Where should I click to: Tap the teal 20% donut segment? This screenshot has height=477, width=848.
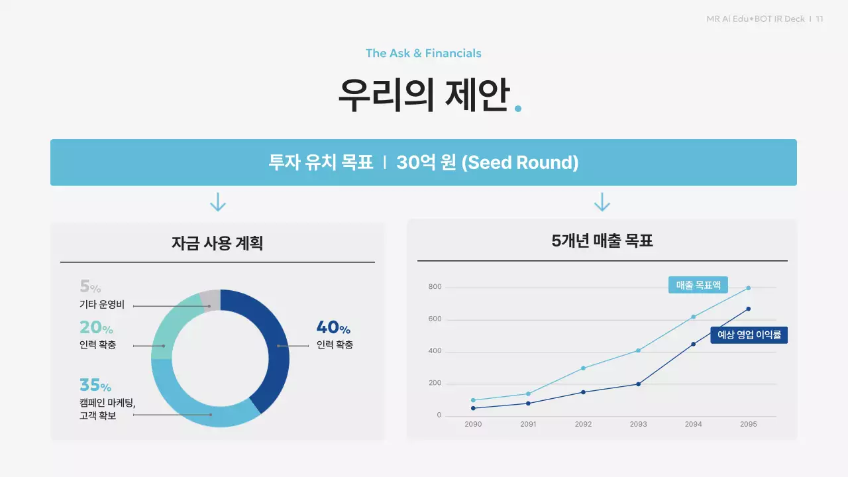[x=171, y=328]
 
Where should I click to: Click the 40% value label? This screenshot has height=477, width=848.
[x=333, y=327]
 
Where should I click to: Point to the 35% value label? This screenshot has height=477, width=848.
[x=95, y=385]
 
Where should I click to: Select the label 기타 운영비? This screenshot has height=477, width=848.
[x=101, y=305]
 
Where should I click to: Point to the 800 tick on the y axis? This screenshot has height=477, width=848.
[x=435, y=288]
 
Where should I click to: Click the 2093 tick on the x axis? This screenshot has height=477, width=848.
[x=638, y=424]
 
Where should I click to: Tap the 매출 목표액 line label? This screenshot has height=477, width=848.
[x=698, y=286]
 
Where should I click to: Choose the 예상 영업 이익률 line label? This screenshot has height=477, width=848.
[x=749, y=335]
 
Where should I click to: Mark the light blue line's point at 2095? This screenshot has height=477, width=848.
[x=749, y=288]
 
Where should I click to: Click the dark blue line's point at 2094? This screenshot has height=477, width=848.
[x=694, y=344]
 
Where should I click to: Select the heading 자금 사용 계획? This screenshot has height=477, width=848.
[x=217, y=243]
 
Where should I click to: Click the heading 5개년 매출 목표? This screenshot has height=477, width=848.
[x=602, y=240]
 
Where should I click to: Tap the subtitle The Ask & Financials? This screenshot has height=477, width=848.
[x=423, y=53]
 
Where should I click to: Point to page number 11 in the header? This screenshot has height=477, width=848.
[x=820, y=19]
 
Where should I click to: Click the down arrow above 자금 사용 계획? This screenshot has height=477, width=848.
[x=217, y=202]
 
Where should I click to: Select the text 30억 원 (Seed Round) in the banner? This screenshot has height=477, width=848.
[x=487, y=162]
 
